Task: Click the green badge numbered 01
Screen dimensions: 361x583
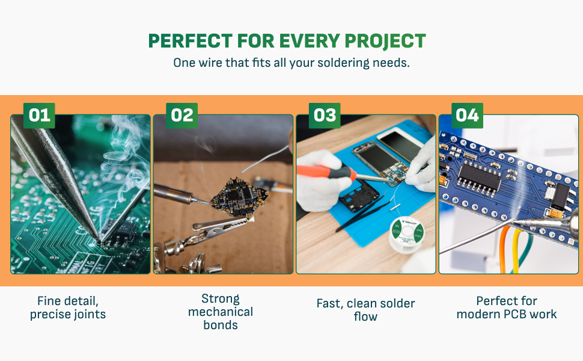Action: pyautogui.click(x=39, y=115)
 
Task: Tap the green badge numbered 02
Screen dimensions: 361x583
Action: pyautogui.click(x=182, y=115)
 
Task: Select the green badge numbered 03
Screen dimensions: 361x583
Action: pyautogui.click(x=325, y=115)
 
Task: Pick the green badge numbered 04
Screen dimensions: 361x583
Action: pyautogui.click(x=467, y=115)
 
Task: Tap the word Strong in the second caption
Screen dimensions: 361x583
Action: pyautogui.click(x=220, y=298)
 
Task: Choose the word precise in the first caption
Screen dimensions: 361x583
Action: pyautogui.click(x=50, y=314)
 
